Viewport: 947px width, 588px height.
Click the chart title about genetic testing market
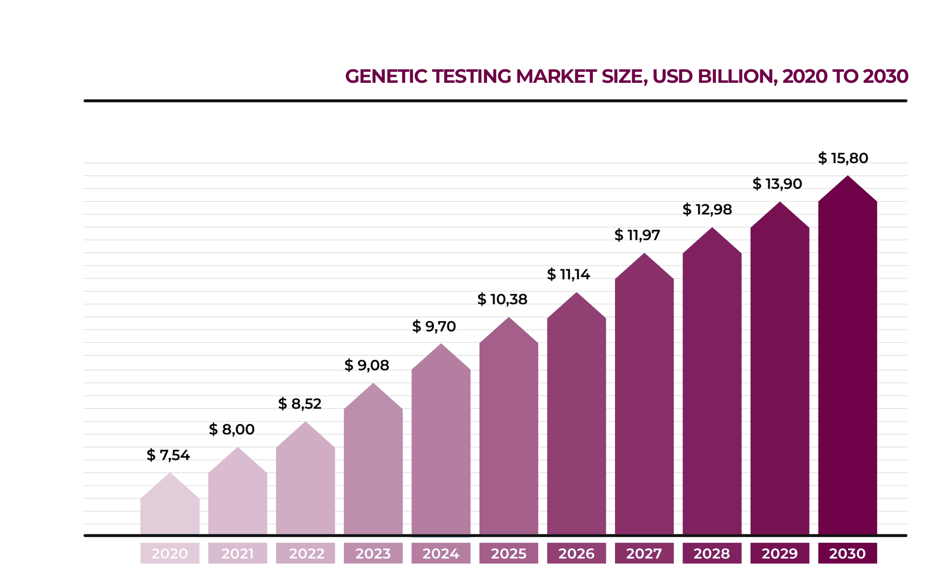[x=627, y=77]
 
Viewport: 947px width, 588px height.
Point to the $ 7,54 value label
[x=168, y=455]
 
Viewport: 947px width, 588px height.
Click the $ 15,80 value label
[x=843, y=158]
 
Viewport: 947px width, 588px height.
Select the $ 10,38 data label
[x=502, y=299]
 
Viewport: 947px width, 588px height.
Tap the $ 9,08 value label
[x=367, y=365]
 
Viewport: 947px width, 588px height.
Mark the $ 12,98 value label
[x=707, y=210]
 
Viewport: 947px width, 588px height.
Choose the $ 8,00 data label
[x=232, y=429]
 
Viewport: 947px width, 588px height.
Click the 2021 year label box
[x=238, y=553]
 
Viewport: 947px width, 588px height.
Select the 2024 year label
[x=441, y=553]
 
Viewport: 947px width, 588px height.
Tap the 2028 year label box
[x=712, y=553]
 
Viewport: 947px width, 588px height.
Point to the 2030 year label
[x=847, y=553]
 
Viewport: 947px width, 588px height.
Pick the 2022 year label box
[x=306, y=553]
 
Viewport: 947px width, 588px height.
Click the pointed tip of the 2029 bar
[x=780, y=204]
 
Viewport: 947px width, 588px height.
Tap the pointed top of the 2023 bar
[x=373, y=385]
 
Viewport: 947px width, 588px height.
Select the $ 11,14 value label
[x=568, y=274]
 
